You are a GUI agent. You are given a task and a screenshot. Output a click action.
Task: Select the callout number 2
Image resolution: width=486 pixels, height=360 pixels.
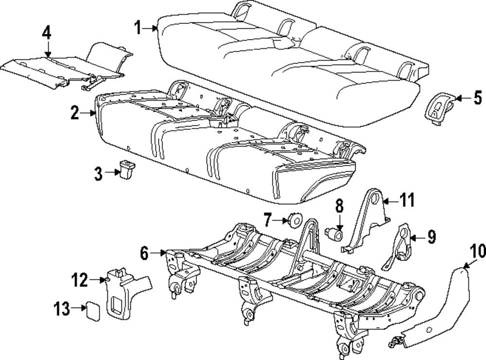74,113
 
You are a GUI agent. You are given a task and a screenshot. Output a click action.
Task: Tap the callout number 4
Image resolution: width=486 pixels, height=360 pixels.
46,34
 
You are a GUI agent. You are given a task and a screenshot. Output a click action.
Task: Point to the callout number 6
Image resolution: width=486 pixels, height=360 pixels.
144,253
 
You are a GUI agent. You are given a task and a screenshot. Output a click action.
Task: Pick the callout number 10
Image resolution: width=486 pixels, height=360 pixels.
478,252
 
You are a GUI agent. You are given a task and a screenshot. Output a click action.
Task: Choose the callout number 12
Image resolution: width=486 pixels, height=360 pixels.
80,280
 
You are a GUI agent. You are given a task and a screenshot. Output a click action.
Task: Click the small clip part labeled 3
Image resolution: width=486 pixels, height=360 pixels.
127,170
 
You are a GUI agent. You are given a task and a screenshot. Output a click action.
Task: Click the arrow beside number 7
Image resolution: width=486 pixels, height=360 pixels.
281,220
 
